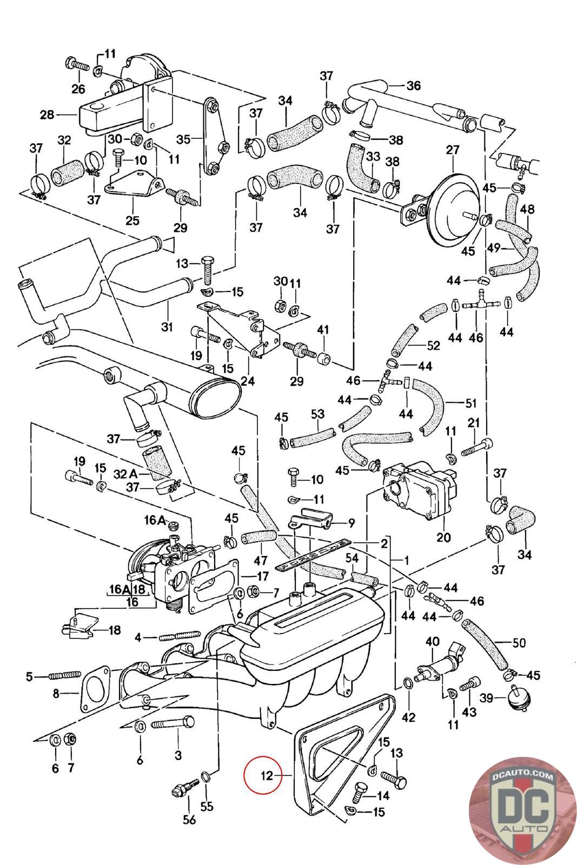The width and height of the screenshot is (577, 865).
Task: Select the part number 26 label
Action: point(78,89)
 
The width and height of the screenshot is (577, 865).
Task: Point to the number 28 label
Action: point(48,115)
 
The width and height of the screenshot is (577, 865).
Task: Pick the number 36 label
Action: point(413,85)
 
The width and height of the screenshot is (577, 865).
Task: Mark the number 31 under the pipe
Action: point(167,327)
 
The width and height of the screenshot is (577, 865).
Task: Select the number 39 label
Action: point(487,698)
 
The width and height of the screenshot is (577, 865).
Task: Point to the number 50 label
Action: point(519,643)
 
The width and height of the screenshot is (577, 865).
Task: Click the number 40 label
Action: point(433,642)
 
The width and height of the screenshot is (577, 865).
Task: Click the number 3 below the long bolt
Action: point(178,755)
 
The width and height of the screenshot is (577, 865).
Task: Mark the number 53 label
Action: point(317,414)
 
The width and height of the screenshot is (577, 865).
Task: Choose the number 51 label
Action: point(471,403)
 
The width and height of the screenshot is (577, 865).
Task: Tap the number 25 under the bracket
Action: point(132,220)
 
